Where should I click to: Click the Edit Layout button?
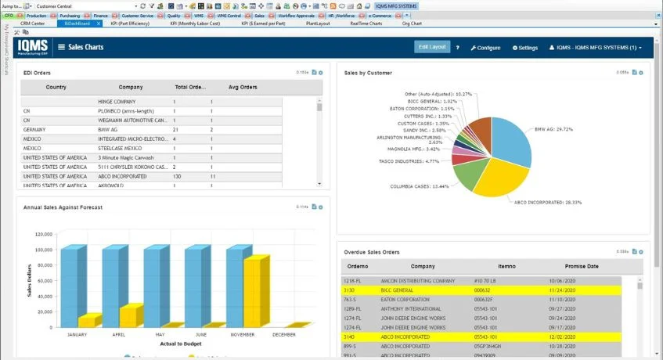(432, 47)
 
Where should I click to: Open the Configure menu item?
(485, 48)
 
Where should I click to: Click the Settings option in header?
(525, 48)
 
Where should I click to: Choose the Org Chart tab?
(413, 23)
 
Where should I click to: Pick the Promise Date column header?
(582, 266)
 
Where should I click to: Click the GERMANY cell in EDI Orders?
(35, 129)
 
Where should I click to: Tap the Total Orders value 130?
(177, 176)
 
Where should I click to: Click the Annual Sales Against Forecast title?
(63, 207)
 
